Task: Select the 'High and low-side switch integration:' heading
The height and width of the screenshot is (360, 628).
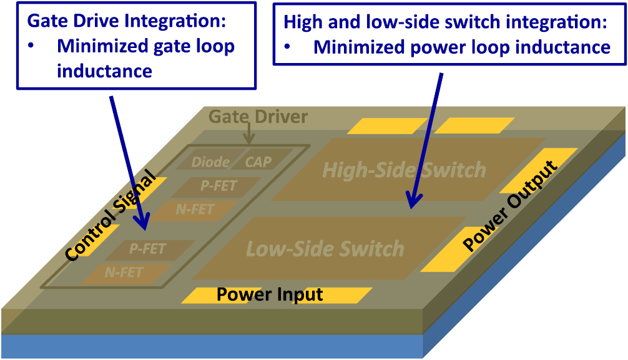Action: (445, 22)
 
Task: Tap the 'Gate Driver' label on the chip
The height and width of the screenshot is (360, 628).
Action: (258, 117)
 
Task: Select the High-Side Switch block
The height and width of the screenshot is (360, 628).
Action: (405, 170)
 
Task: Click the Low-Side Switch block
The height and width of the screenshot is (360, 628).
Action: (325, 249)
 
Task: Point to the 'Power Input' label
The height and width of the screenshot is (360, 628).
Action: (270, 294)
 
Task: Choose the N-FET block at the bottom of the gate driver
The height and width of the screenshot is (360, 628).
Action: (124, 273)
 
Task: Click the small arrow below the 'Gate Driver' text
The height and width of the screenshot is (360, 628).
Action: (249, 135)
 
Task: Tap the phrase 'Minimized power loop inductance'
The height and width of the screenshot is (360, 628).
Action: (461, 47)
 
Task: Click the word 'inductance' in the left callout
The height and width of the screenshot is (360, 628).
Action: (104, 71)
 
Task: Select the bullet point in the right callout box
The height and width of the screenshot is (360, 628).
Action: (288, 47)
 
